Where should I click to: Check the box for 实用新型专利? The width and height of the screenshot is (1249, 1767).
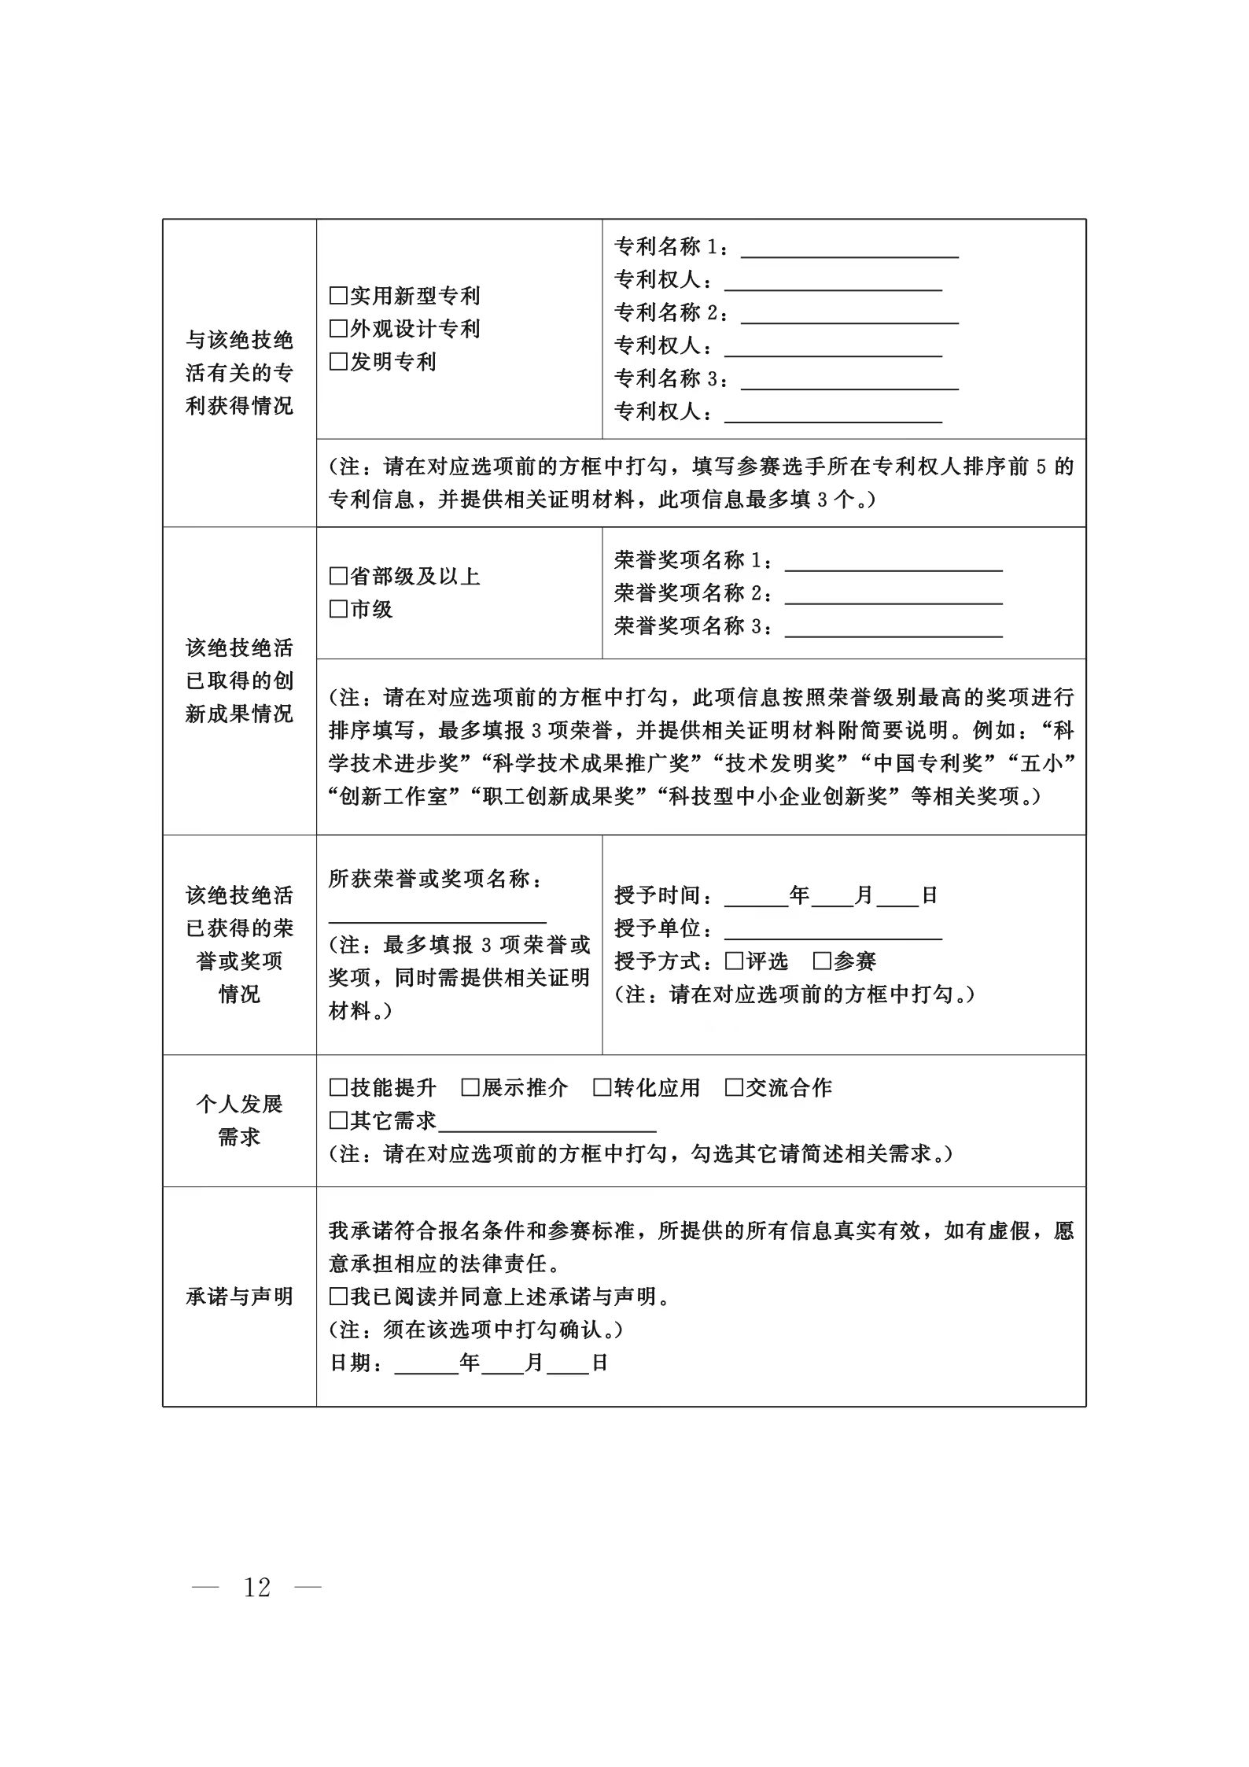[x=338, y=297]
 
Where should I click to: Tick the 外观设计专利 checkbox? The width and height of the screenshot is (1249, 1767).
[x=338, y=329]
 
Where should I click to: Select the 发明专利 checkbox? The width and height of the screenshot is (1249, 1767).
[x=338, y=362]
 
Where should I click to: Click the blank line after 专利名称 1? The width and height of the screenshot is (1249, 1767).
[x=849, y=252]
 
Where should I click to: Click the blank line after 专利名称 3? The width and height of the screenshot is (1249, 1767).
[x=849, y=383]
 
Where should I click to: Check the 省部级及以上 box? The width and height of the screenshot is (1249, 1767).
[x=338, y=577]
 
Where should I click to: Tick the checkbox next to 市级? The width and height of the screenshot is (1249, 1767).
[x=338, y=610]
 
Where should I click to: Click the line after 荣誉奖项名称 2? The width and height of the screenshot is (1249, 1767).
[x=893, y=598]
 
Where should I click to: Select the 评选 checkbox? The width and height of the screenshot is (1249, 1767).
[x=734, y=961]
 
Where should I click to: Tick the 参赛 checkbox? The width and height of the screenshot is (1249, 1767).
[x=822, y=961]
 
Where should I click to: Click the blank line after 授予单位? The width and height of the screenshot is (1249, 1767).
[x=833, y=933]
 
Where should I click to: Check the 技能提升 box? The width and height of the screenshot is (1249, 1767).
[x=338, y=1088]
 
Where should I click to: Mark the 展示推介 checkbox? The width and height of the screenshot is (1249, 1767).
[x=470, y=1088]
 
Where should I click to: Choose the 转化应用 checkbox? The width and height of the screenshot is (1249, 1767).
[x=602, y=1088]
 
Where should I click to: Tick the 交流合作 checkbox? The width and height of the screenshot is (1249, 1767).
[x=734, y=1088]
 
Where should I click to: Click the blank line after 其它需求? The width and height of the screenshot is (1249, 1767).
[x=547, y=1125]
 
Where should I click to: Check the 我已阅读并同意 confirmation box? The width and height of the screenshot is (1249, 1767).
[x=338, y=1297]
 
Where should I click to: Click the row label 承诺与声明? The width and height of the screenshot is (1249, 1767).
[x=239, y=1297]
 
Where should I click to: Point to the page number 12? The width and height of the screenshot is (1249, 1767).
[x=257, y=1588]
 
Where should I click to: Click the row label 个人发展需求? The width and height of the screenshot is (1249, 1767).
[x=239, y=1120]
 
